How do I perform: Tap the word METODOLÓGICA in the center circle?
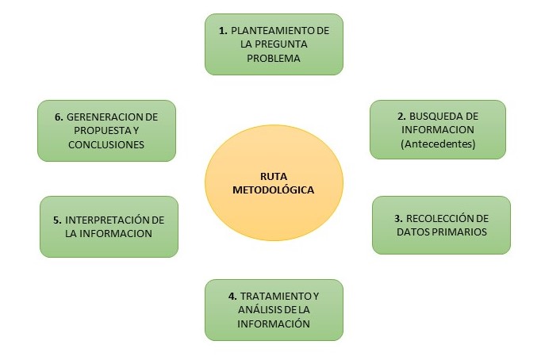pos(274,190)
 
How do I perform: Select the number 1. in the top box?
pos(224,30)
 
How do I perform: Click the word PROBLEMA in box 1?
pos(274,59)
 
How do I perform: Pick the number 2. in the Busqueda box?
pos(401,115)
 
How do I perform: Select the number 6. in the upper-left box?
pos(59,116)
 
